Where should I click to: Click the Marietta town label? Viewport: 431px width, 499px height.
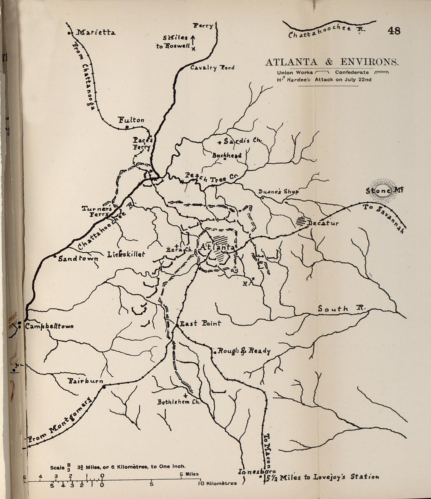point(95,33)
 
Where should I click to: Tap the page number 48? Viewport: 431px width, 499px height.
point(394,31)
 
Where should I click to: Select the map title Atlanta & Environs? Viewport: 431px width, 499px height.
point(332,62)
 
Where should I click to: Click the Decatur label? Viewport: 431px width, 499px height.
point(323,223)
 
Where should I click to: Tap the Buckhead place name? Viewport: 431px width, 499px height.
point(227,155)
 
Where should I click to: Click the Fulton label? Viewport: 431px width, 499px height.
point(131,120)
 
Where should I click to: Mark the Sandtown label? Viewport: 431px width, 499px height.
point(78,259)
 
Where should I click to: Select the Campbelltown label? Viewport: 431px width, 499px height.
point(49,326)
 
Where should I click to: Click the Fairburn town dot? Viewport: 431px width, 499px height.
point(104,387)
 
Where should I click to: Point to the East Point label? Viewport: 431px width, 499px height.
point(200,324)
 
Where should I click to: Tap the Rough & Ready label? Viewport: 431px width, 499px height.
point(244,351)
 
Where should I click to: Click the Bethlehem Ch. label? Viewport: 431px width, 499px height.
point(179,402)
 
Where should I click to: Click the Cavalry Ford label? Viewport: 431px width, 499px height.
point(212,68)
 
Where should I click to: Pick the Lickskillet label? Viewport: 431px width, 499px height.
point(126,255)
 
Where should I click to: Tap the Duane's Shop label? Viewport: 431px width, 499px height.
point(279,192)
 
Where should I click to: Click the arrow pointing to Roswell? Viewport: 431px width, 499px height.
point(193,38)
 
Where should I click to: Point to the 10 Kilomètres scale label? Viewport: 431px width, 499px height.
point(218,483)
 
